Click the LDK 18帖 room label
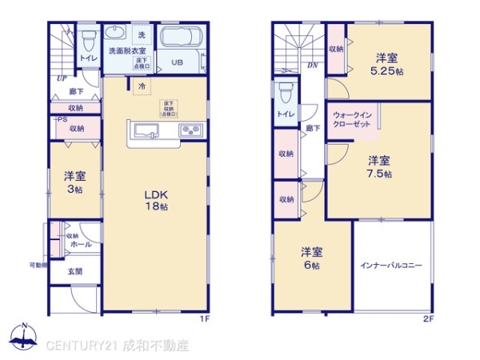(155, 199)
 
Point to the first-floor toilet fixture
(88, 38)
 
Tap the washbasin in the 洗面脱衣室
(114, 33)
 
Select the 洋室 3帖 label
(75, 182)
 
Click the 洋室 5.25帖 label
(388, 64)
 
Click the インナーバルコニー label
(391, 265)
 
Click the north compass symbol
(24, 335)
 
